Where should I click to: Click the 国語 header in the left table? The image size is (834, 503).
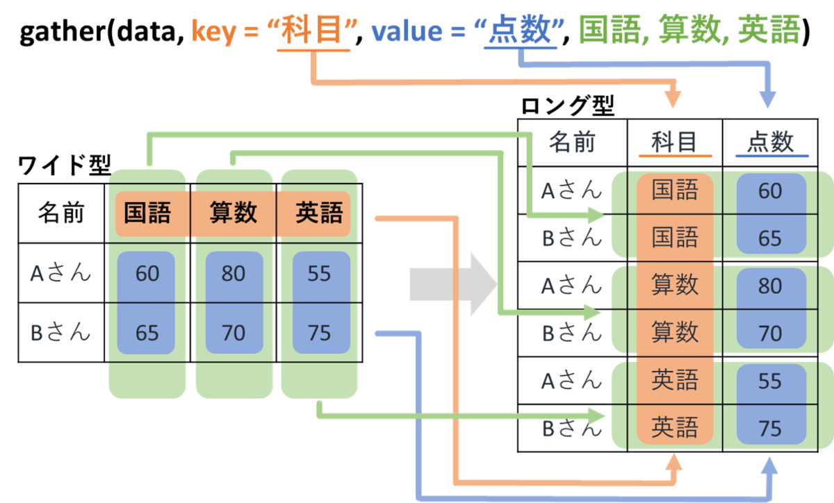pyautogui.click(x=147, y=213)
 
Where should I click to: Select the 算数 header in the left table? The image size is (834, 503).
pyautogui.click(x=234, y=213)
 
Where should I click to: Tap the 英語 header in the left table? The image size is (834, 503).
pyautogui.click(x=319, y=213)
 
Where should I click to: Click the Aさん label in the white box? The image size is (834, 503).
pyautogui.click(x=60, y=273)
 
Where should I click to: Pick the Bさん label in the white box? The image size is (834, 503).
pyautogui.click(x=60, y=332)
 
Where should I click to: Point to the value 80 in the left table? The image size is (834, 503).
pyautogui.click(x=234, y=274)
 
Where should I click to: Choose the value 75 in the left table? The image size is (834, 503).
pyautogui.click(x=319, y=333)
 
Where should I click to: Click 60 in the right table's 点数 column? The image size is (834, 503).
pyautogui.click(x=770, y=191)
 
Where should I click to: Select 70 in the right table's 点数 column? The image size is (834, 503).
pyautogui.click(x=770, y=333)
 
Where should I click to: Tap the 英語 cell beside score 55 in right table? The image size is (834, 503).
pyautogui.click(x=674, y=381)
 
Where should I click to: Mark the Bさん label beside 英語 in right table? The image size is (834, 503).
pyautogui.click(x=571, y=429)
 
